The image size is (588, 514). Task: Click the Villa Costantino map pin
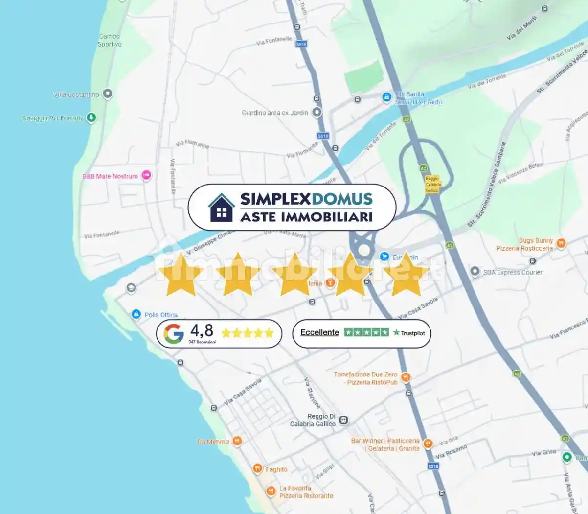[108, 93]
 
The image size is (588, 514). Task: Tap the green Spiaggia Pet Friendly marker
[91, 117]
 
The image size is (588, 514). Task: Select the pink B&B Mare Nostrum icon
[146, 175]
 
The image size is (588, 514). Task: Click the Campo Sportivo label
[110, 40]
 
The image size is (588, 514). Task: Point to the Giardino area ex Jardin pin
[317, 112]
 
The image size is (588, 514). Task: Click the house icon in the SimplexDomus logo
[222, 208]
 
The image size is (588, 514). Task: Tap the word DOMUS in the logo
[342, 199]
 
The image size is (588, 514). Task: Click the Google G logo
[174, 334]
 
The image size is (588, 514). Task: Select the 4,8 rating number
[202, 330]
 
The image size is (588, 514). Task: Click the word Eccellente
[319, 332]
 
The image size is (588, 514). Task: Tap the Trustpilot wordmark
[409, 333]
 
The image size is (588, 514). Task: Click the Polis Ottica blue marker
[136, 314]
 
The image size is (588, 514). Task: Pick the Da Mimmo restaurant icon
[237, 441]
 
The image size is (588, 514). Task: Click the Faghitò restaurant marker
[257, 469]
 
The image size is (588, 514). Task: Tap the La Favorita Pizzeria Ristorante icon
[271, 491]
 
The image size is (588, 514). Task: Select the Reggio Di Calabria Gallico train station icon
[344, 420]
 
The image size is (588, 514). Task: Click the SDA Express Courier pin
[475, 271]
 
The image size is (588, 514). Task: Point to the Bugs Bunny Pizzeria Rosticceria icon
[561, 243]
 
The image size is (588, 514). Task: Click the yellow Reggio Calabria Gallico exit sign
[432, 184]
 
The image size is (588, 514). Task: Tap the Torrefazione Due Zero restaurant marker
[406, 377]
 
